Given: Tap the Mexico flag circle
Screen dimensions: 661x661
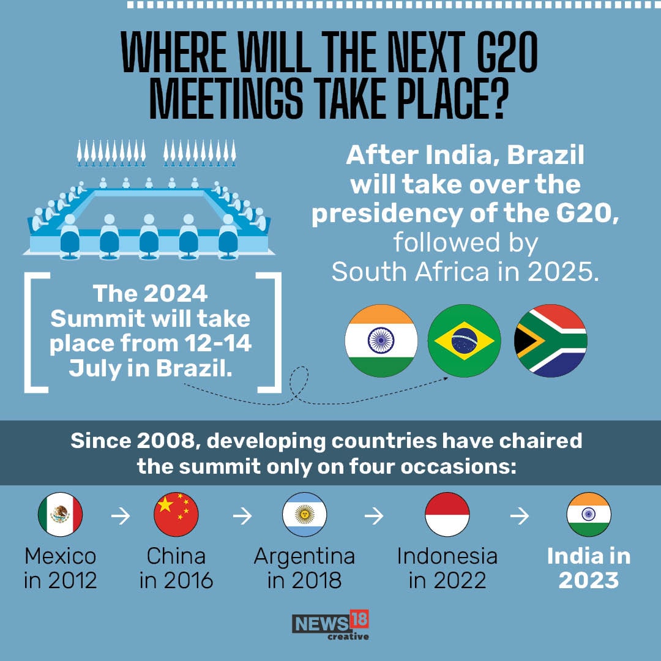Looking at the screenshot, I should (x=60, y=515).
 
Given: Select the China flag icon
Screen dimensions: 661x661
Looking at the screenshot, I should (x=176, y=515).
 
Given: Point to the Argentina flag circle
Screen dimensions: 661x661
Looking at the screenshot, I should (x=304, y=515).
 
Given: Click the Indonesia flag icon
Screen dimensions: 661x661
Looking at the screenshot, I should (x=447, y=515).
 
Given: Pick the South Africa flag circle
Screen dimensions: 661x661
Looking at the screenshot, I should (x=550, y=341).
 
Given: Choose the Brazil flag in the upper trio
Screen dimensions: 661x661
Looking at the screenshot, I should (x=464, y=341).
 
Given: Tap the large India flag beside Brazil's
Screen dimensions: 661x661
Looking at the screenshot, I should (x=381, y=341).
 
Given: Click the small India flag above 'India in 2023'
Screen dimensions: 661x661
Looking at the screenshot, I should (x=589, y=515).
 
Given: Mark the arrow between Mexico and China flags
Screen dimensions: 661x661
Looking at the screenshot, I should (x=120, y=516).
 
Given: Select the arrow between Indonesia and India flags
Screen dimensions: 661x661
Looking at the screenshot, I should (x=519, y=516).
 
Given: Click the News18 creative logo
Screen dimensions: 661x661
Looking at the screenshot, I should (x=330, y=625).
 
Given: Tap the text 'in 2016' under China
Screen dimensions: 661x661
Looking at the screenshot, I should (x=176, y=580).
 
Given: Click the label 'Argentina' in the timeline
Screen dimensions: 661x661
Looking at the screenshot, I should (x=304, y=556).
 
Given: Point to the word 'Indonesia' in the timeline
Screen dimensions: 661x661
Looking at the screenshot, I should (x=447, y=556).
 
